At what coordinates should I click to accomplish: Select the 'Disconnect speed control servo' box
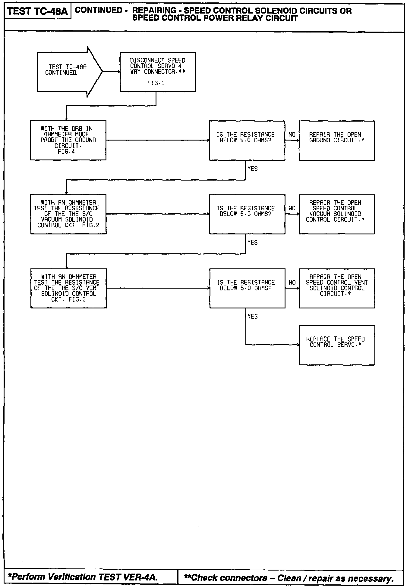pos(157,72)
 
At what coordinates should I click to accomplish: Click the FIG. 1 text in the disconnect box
pos(156,83)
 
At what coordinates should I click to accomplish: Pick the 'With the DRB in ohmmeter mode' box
pos(68,140)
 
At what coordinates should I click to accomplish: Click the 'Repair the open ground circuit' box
pos(336,140)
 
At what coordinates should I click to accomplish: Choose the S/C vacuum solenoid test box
pos(68,214)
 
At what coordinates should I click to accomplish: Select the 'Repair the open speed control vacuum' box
pos(336,214)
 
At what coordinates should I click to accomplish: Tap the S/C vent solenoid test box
pos(68,288)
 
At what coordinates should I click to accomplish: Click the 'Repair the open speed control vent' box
pos(337,288)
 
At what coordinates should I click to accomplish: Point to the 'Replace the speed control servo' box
pos(337,345)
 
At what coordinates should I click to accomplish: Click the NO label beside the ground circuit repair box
pos(292,135)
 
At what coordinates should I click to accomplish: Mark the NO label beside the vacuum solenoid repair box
pos(292,208)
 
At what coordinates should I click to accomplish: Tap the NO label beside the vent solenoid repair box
pos(292,282)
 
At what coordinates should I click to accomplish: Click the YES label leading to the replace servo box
pos(253,316)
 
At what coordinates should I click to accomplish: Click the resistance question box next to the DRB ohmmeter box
pos(247,140)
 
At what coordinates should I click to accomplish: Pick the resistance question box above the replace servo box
pos(247,288)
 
